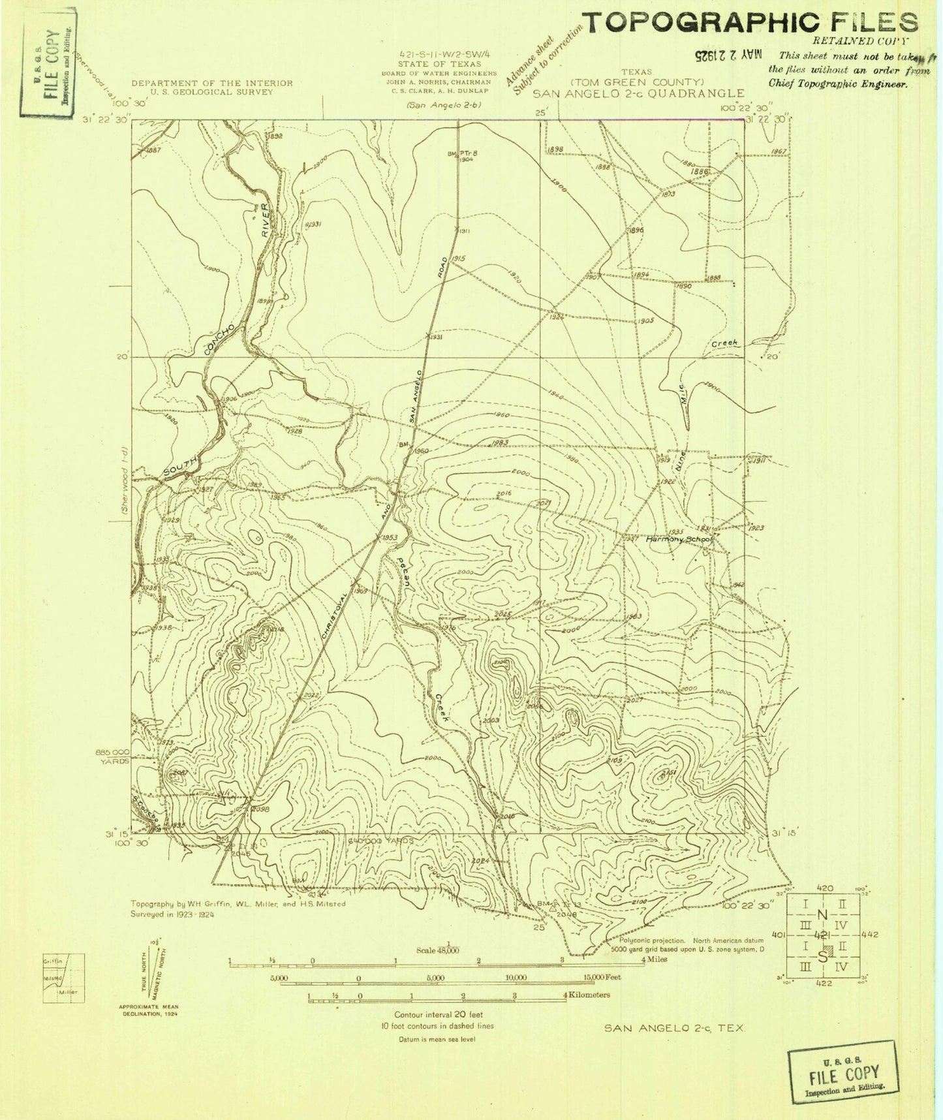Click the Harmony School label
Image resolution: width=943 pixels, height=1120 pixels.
click(679, 540)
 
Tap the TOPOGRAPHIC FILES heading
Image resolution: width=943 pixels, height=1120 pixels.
click(750, 23)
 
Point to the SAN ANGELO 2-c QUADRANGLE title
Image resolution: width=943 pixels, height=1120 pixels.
click(638, 94)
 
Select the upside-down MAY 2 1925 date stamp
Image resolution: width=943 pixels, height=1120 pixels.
click(728, 55)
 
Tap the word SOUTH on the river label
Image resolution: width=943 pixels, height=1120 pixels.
click(180, 465)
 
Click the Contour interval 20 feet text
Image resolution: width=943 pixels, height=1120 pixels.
click(439, 1015)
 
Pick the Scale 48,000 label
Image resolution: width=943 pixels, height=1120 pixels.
click(438, 950)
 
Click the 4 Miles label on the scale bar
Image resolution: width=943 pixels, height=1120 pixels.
click(653, 959)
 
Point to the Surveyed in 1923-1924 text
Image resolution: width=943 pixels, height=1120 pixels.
click(172, 915)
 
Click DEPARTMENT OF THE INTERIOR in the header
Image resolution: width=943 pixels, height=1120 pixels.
click(212, 83)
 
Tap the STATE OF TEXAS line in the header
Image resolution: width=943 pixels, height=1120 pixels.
click(439, 64)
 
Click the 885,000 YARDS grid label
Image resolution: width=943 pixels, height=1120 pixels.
click(112, 756)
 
